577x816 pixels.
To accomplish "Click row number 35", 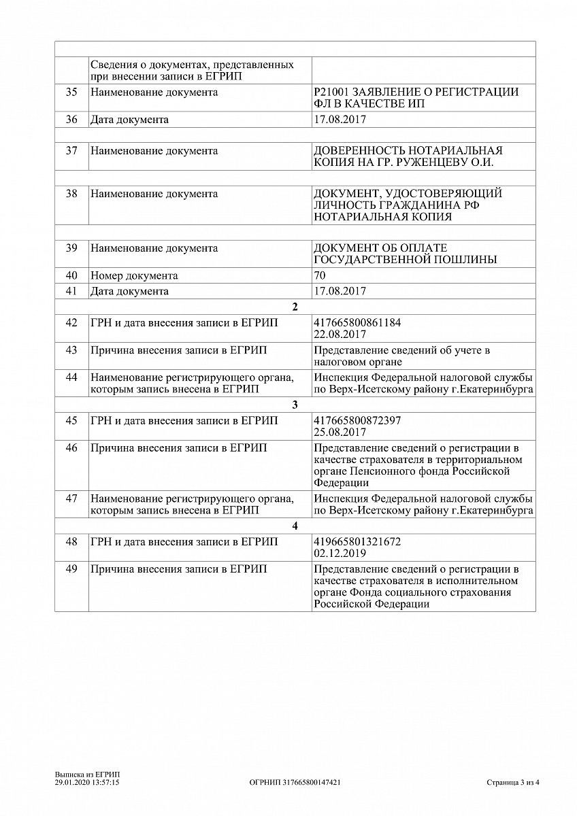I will click(x=71, y=92).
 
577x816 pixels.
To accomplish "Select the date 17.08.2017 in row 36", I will click(x=340, y=120).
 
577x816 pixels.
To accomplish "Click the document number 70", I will click(x=320, y=276).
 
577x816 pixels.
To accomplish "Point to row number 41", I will click(x=71, y=291).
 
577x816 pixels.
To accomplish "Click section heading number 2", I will click(x=295, y=307).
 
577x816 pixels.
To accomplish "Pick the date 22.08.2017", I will click(x=340, y=335).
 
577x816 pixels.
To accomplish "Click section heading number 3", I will click(x=295, y=405).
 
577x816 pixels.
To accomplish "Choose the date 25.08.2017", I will click(x=340, y=432).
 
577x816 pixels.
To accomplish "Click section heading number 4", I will click(x=295, y=526).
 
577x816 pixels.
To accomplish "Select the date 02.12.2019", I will click(x=340, y=554).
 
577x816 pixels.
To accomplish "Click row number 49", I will click(x=71, y=569).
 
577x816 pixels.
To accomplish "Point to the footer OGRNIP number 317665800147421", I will click(x=295, y=783).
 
